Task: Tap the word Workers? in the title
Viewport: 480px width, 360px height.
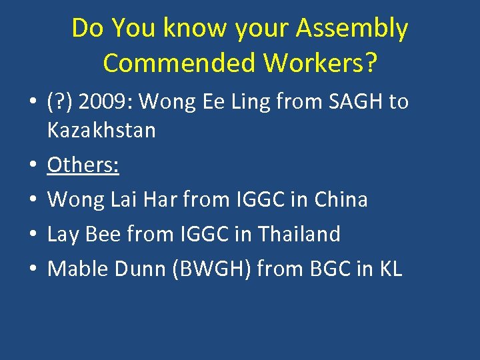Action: coord(321,63)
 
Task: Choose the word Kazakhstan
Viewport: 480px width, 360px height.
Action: coord(101,130)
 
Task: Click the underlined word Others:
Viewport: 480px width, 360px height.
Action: coord(83,165)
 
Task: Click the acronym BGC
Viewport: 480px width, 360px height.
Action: coord(325,269)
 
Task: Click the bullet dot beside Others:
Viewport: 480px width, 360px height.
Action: coord(32,165)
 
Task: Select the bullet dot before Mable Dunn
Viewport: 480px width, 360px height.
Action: coord(32,269)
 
